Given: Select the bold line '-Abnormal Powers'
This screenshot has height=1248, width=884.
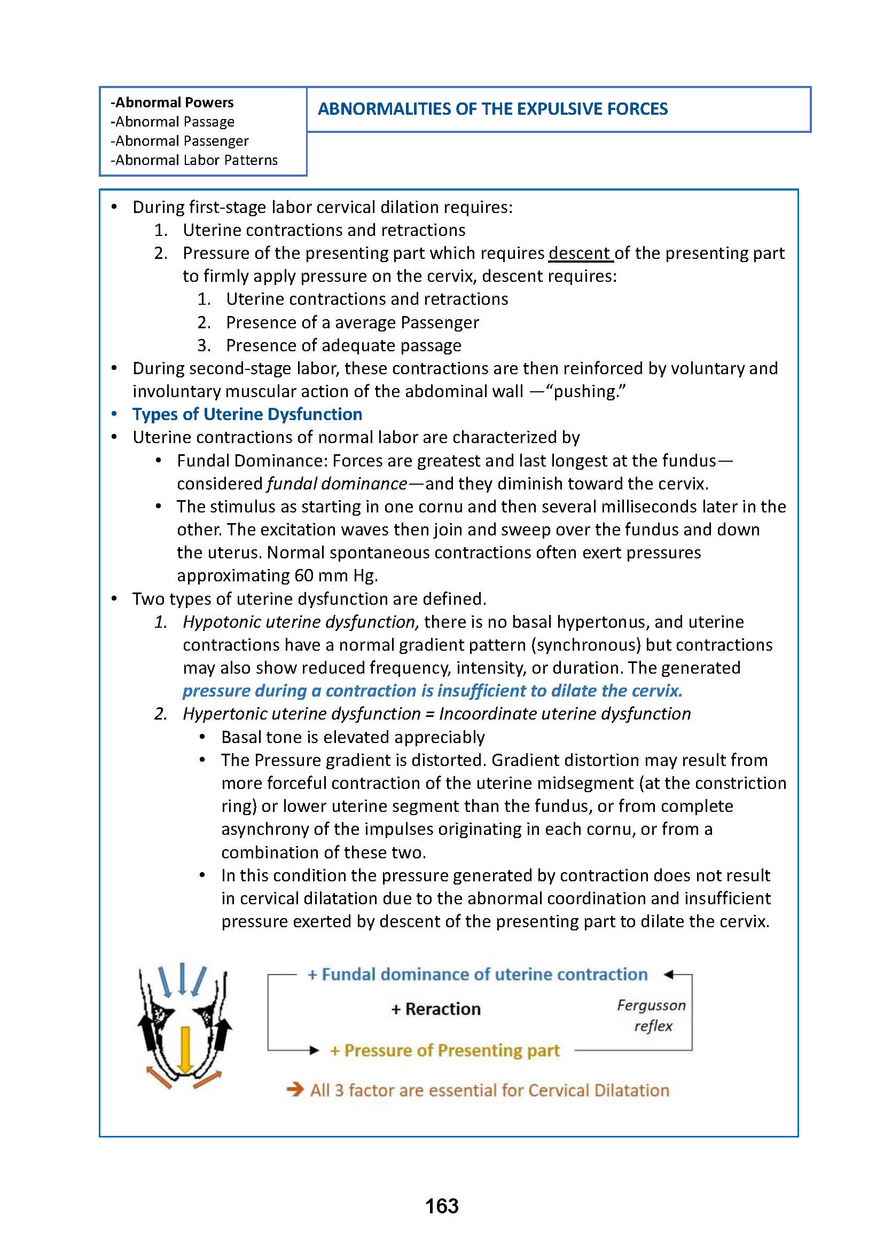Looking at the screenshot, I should [172, 102].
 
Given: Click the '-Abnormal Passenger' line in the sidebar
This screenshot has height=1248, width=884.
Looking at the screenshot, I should [179, 141].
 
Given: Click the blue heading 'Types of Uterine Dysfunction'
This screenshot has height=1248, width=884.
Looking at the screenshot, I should [247, 414].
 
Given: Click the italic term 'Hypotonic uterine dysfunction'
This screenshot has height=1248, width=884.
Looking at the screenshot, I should [300, 621].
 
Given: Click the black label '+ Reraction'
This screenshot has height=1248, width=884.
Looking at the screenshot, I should [435, 1009].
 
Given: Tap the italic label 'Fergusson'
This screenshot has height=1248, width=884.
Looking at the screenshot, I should [651, 1005].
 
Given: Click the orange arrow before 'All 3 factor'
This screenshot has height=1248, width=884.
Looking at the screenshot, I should [294, 1089].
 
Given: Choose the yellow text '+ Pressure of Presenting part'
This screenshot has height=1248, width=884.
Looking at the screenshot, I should [445, 1050].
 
